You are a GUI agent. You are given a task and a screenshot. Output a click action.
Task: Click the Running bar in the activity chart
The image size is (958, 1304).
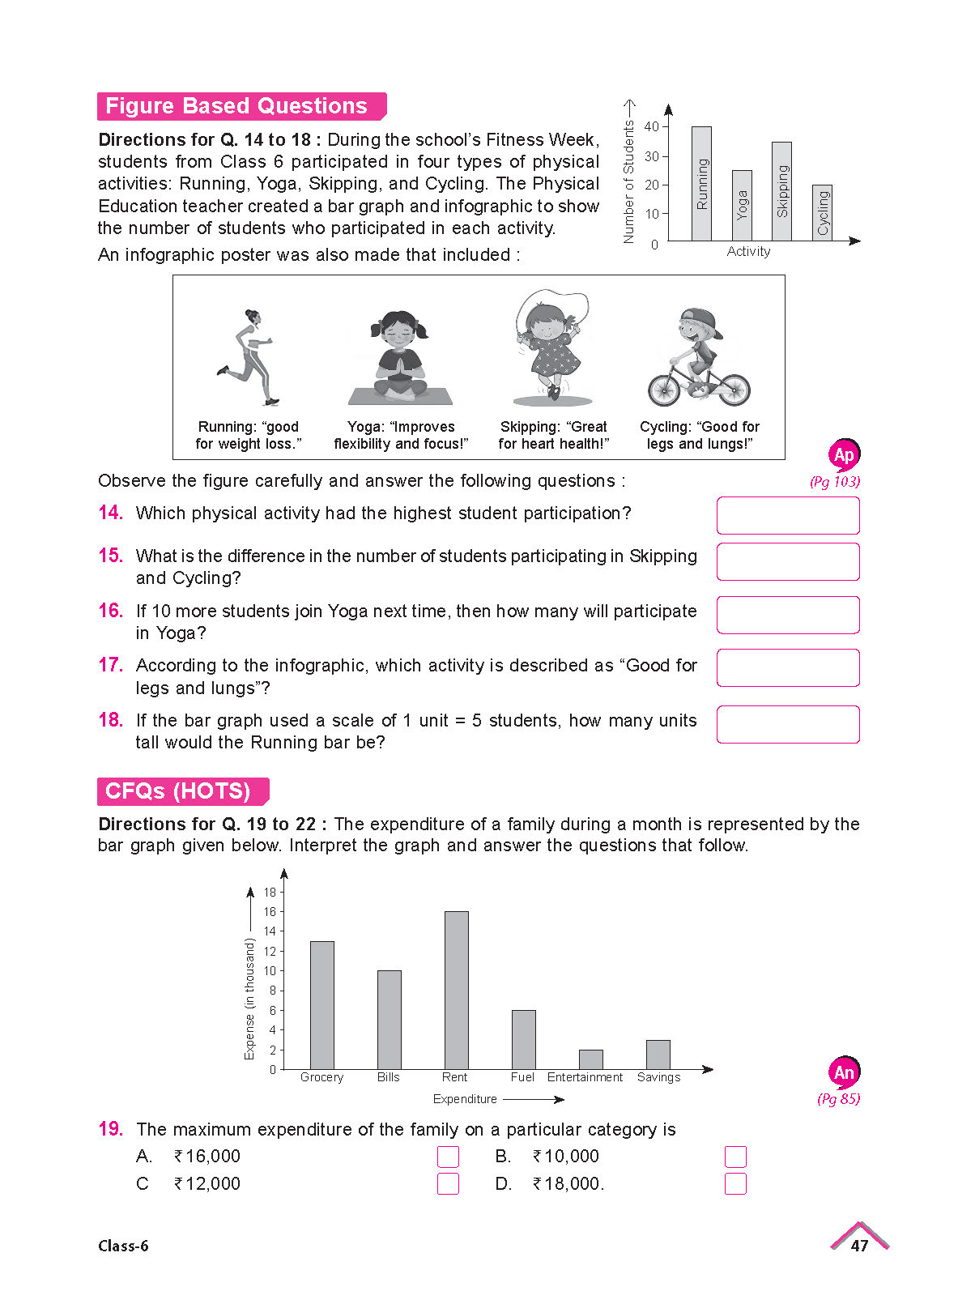pyautogui.click(x=701, y=184)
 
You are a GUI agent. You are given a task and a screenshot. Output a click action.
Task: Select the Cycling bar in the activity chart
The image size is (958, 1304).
pyautogui.click(x=822, y=212)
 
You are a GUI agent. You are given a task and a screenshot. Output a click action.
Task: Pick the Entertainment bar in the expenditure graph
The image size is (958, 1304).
pyautogui.click(x=590, y=1059)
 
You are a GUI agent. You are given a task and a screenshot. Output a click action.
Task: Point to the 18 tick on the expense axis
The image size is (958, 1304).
pyautogui.click(x=270, y=892)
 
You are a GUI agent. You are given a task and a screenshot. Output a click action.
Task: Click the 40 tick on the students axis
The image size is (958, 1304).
pyautogui.click(x=652, y=126)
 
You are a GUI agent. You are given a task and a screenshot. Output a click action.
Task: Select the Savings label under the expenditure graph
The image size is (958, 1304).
pyautogui.click(x=658, y=1077)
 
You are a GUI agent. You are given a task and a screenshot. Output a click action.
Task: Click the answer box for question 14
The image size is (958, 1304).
pyautogui.click(x=787, y=515)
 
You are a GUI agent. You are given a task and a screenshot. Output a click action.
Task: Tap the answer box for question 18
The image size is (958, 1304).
pyautogui.click(x=787, y=724)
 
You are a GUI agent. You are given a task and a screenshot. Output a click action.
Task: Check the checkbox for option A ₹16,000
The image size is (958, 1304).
pyautogui.click(x=448, y=1157)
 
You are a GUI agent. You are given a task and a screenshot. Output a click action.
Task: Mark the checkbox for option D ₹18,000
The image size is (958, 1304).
pyautogui.click(x=734, y=1184)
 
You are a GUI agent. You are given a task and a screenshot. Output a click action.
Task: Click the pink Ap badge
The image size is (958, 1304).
pyautogui.click(x=844, y=455)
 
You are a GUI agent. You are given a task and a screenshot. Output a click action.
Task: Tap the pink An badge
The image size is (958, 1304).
pyautogui.click(x=844, y=1073)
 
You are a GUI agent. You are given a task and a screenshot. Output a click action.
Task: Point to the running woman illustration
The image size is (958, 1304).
pyautogui.click(x=247, y=356)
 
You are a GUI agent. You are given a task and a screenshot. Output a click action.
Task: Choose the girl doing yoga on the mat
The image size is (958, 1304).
pyautogui.click(x=400, y=356)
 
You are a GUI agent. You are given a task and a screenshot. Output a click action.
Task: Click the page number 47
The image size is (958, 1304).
pyautogui.click(x=859, y=1246)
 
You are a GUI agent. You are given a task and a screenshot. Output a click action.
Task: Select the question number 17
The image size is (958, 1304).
pyautogui.click(x=110, y=665)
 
